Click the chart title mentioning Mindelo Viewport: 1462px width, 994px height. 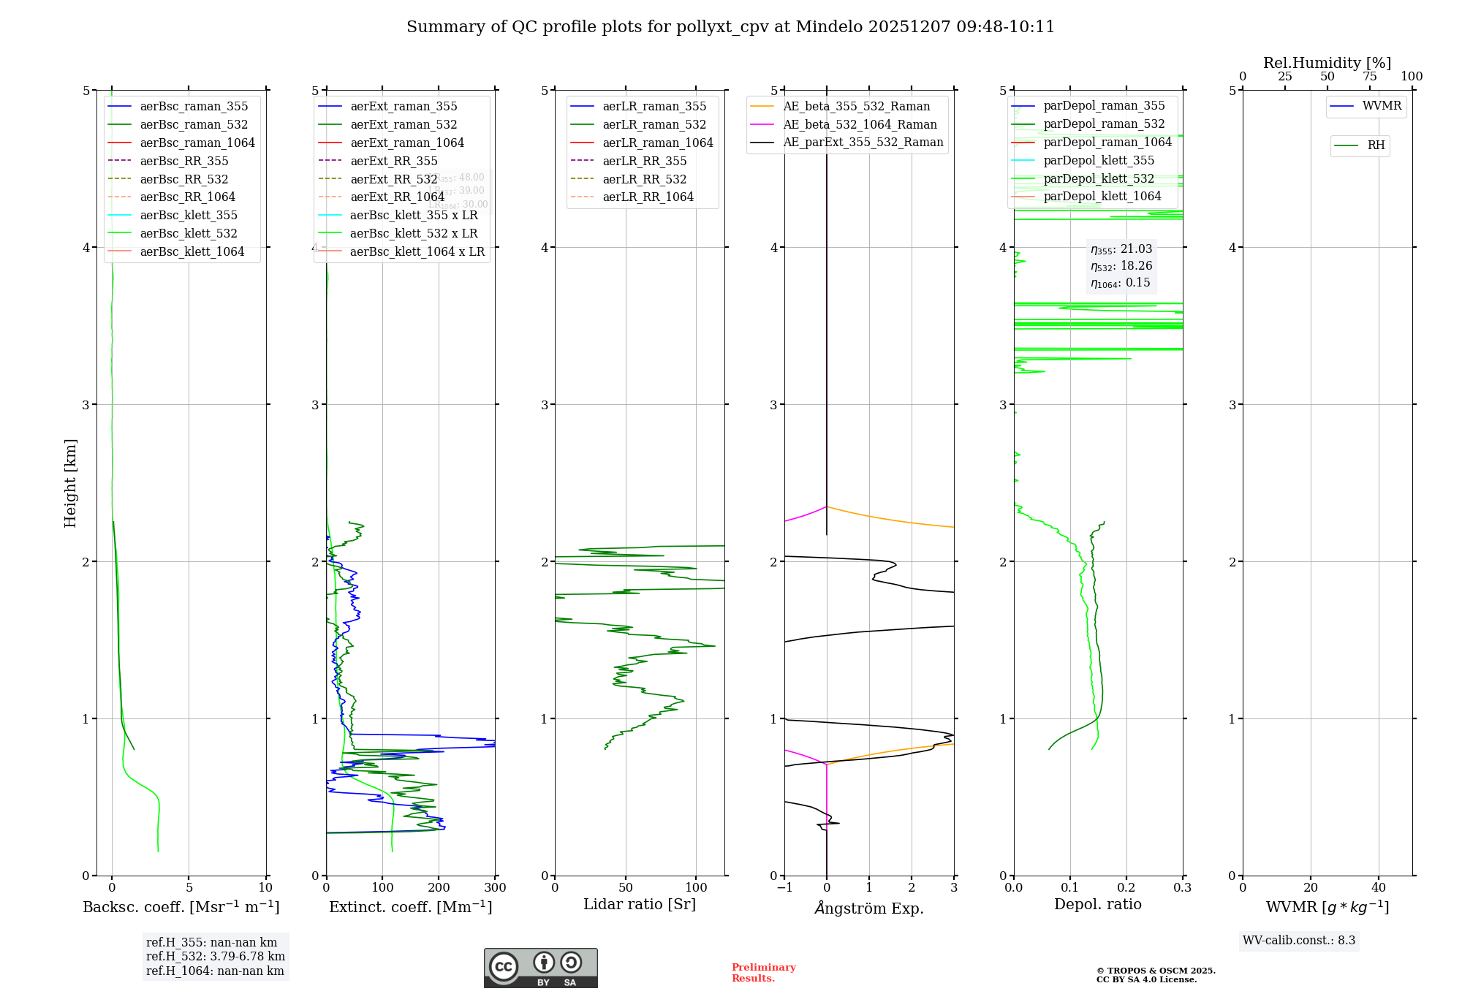730,27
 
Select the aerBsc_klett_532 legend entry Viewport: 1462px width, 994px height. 188,234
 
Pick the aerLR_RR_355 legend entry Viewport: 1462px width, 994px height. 644,162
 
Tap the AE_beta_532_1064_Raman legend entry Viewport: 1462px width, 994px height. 860,125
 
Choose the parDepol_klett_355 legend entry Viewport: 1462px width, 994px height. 1099,161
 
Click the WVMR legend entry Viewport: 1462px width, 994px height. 1382,106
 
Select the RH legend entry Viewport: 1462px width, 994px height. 1376,145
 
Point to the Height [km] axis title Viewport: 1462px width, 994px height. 70,483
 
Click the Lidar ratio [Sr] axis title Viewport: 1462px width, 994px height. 640,905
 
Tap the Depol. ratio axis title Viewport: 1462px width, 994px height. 1097,905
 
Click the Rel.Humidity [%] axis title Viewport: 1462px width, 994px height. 1327,63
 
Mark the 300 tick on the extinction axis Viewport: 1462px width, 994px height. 495,888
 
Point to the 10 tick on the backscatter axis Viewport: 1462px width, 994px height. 265,888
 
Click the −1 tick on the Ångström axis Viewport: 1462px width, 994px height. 784,888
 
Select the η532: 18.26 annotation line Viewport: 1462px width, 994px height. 1121,266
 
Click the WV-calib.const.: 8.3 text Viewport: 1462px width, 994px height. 1299,941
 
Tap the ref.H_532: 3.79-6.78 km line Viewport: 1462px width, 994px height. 216,957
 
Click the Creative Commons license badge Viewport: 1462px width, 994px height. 540,968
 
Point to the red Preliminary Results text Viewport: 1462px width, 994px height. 763,973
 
